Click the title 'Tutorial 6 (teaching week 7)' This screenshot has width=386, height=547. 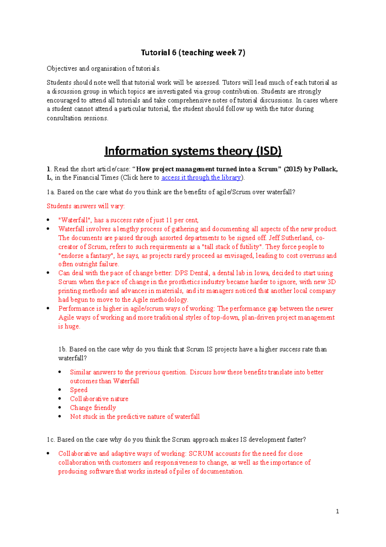point(193,53)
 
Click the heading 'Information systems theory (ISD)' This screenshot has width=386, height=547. point(193,151)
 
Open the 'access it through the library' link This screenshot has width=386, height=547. point(201,178)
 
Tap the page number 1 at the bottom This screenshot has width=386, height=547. point(337,511)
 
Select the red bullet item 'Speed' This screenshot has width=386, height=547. point(79,390)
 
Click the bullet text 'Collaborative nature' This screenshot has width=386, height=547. point(99,399)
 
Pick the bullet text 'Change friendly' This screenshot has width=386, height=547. point(93,408)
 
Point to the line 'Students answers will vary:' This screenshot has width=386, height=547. point(86,206)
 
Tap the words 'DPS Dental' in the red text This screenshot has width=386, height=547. point(192,273)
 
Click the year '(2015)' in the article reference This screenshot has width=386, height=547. point(293,169)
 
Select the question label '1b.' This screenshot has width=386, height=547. point(62,349)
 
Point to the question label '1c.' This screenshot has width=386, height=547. point(51,440)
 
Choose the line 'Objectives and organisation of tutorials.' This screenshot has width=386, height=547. point(103,69)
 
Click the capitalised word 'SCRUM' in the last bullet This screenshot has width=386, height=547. point(201,454)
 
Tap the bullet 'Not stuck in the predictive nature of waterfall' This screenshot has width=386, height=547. point(135,417)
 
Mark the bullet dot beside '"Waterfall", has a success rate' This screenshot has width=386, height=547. point(48,220)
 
